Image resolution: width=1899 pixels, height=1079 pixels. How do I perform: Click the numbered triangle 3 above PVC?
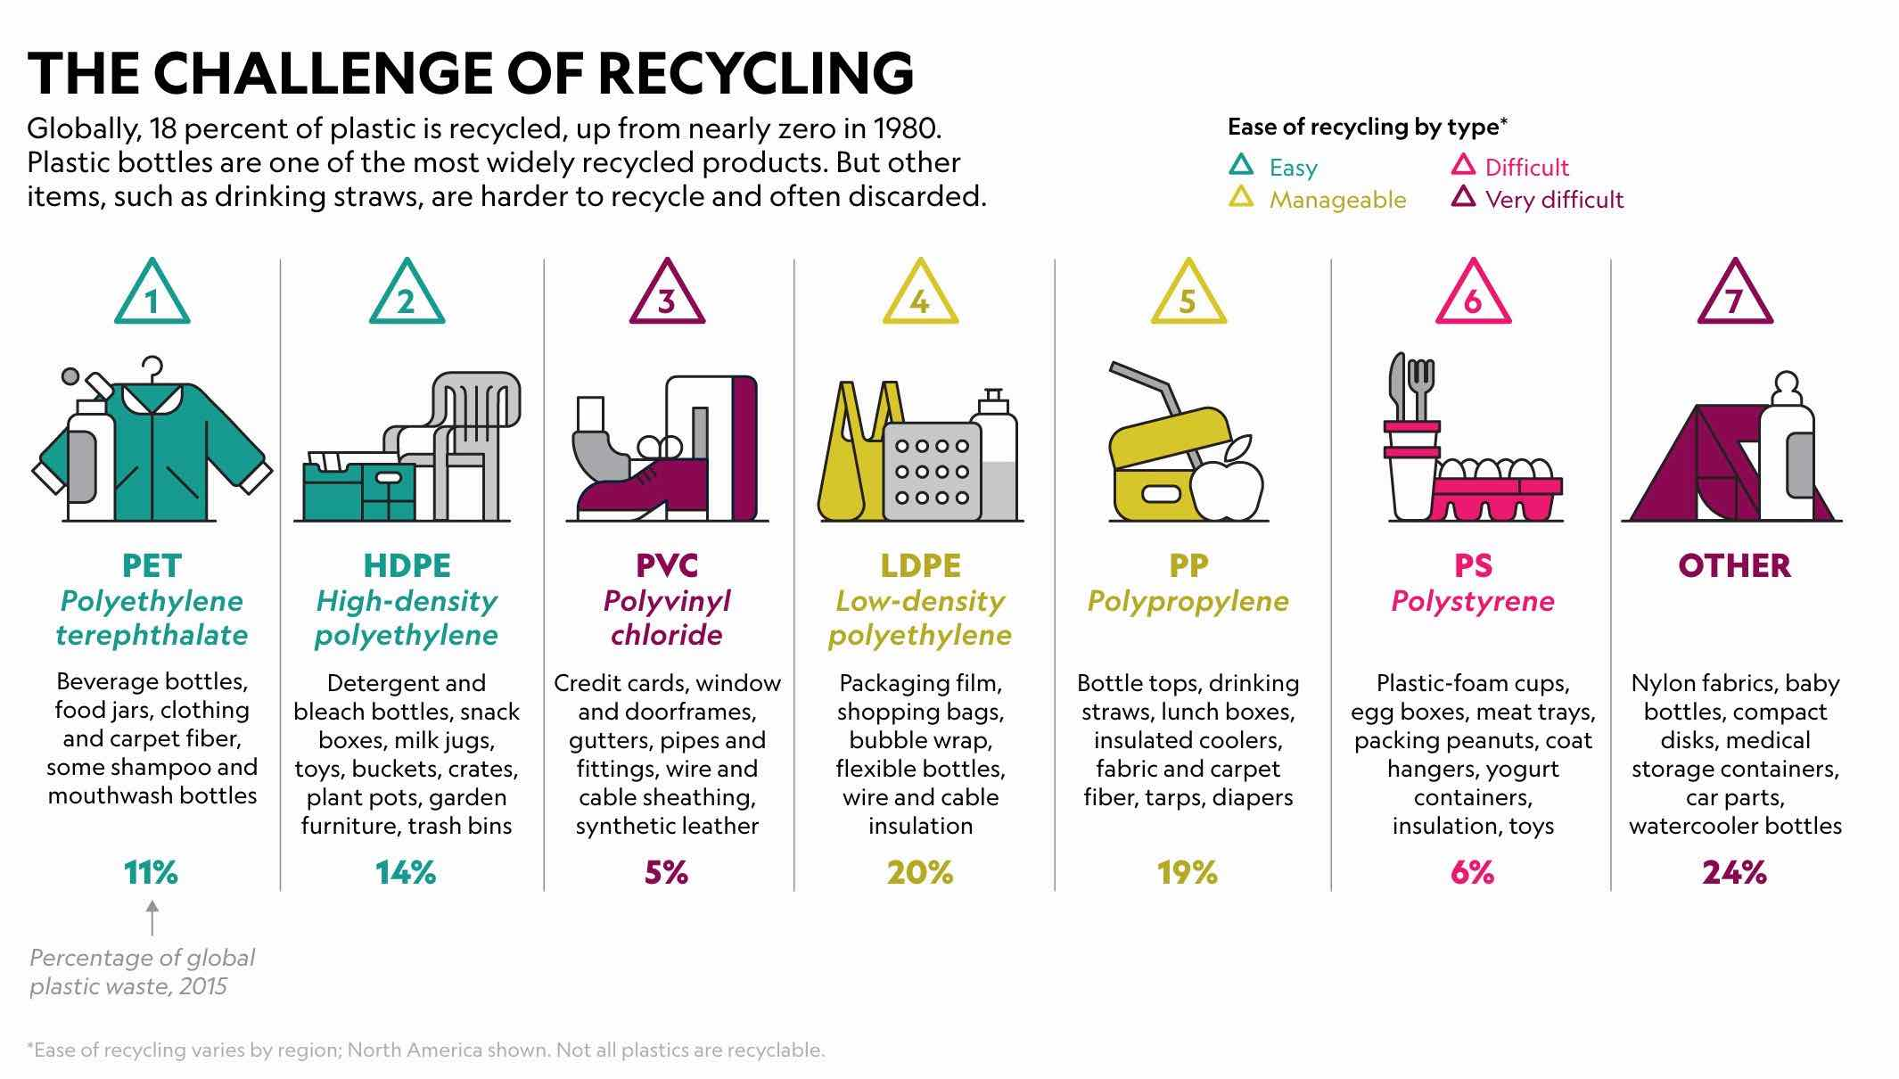pyautogui.click(x=666, y=295)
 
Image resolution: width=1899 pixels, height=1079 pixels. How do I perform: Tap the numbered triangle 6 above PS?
pyautogui.click(x=1472, y=295)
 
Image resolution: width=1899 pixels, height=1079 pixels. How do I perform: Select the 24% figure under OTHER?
pyautogui.click(x=1734, y=872)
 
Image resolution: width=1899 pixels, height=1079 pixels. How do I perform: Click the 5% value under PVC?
pyautogui.click(x=666, y=872)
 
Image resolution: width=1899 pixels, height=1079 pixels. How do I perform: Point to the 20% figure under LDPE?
pyautogui.click(x=920, y=872)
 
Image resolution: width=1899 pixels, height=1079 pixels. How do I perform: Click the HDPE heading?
pyautogui.click(x=407, y=565)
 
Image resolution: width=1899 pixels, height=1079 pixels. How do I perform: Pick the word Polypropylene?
pyautogui.click(x=1188, y=601)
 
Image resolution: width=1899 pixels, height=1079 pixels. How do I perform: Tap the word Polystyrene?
pyautogui.click(x=1472, y=601)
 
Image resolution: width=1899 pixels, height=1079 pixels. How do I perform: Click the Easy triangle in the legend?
pyautogui.click(x=1241, y=165)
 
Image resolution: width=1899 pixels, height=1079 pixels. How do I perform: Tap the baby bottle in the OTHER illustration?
pyautogui.click(x=1787, y=446)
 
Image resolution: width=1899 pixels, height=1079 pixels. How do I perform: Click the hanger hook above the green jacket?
pyautogui.click(x=152, y=367)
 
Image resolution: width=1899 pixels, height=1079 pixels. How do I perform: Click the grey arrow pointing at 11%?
pyautogui.click(x=152, y=918)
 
